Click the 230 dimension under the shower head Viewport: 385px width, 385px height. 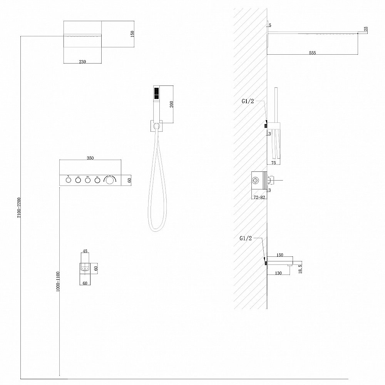pyautogui.click(x=82, y=62)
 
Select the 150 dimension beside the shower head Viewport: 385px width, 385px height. pyautogui.click(x=132, y=33)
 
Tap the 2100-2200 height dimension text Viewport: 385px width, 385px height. pyautogui.click(x=19, y=207)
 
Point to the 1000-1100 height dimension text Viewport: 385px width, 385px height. pyautogui.click(x=58, y=281)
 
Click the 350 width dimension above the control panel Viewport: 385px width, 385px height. pyautogui.click(x=90, y=158)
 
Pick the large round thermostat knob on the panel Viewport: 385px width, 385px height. pyautogui.click(x=109, y=180)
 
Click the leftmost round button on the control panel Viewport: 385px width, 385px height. pyautogui.click(x=68, y=180)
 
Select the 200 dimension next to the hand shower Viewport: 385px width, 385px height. pyautogui.click(x=172, y=104)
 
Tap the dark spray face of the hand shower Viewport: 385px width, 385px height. pyautogui.click(x=156, y=94)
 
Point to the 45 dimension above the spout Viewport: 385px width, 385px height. pyautogui.click(x=85, y=251)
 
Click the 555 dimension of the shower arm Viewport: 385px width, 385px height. pyautogui.click(x=312, y=53)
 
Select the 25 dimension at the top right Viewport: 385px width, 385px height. pyautogui.click(x=366, y=29)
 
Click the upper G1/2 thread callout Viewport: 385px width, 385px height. pyautogui.click(x=248, y=101)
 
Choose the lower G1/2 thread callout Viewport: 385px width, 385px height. pyautogui.click(x=246, y=238)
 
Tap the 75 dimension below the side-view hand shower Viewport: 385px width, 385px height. pyautogui.click(x=273, y=163)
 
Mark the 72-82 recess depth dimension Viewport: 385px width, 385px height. pyautogui.click(x=259, y=197)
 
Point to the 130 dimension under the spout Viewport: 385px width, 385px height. pyautogui.click(x=278, y=273)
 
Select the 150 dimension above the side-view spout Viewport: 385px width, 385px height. pyautogui.click(x=280, y=255)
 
